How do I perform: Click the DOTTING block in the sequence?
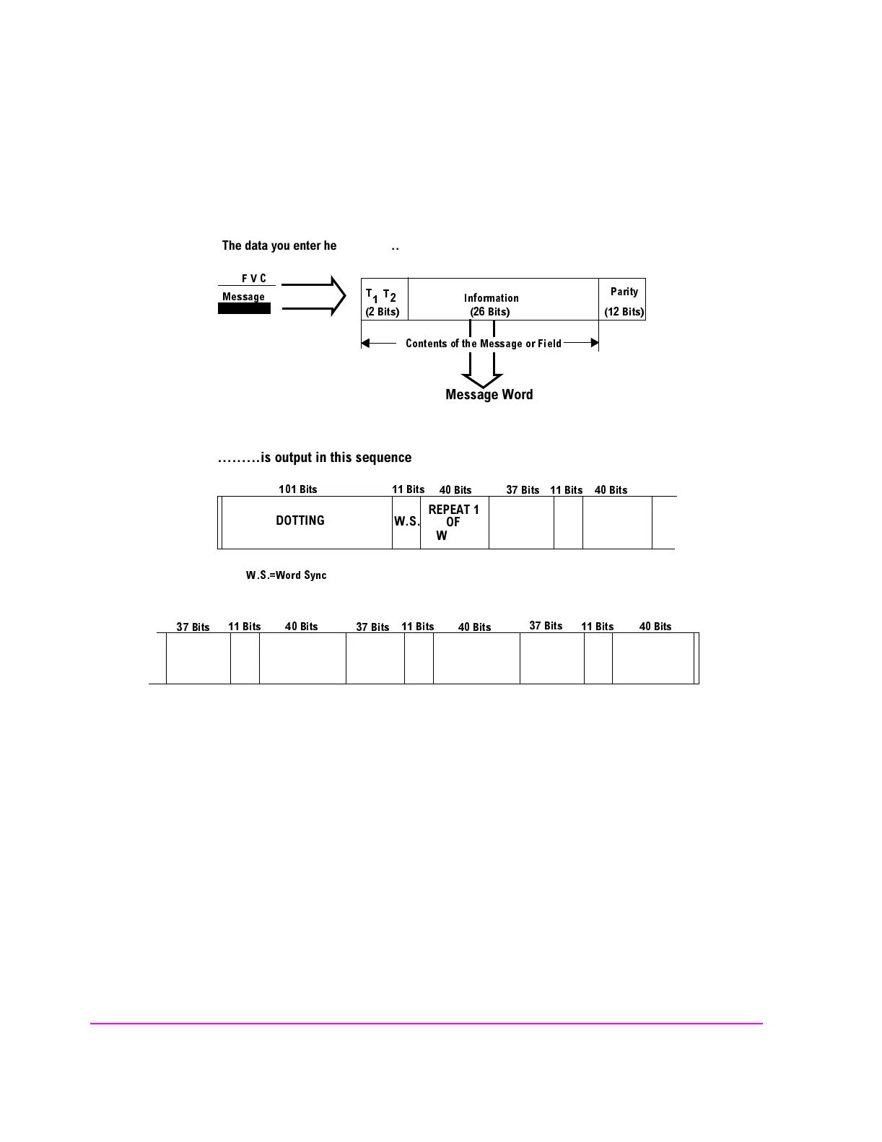300,520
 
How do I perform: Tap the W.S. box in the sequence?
406,521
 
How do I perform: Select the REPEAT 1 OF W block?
454,522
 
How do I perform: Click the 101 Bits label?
298,489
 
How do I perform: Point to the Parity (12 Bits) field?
624,300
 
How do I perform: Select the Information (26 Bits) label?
491,305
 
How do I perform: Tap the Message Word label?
489,395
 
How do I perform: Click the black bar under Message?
245,309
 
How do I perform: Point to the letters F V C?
253,279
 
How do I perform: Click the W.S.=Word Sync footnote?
286,575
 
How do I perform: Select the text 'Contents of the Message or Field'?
483,344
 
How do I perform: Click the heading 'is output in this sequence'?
315,458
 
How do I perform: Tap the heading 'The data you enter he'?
279,246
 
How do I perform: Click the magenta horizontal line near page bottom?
426,1024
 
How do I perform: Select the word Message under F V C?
243,297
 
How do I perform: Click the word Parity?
624,292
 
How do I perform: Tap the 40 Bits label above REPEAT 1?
455,490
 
